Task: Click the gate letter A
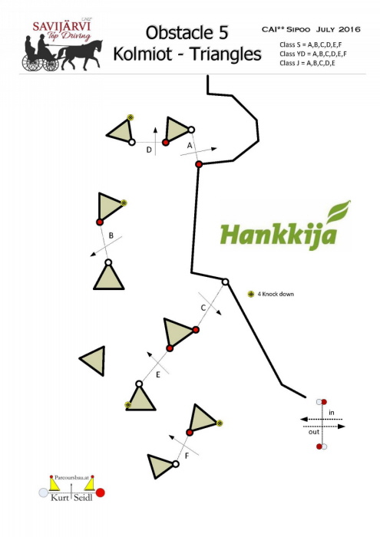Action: pyautogui.click(x=190, y=146)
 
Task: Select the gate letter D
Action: pyautogui.click(x=149, y=150)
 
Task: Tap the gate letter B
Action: pyautogui.click(x=111, y=236)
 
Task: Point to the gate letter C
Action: pyautogui.click(x=203, y=308)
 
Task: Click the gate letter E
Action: pyautogui.click(x=158, y=374)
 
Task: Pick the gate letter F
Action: pyautogui.click(x=187, y=456)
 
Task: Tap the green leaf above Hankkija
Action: pyautogui.click(x=339, y=211)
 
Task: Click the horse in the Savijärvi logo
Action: pyautogui.click(x=80, y=54)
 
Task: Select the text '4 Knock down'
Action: pyautogui.click(x=276, y=294)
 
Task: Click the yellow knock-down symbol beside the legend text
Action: pyautogui.click(x=251, y=294)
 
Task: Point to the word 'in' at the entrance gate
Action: pyautogui.click(x=331, y=413)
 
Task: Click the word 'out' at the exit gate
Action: pyautogui.click(x=313, y=432)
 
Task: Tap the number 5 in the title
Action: pyautogui.click(x=222, y=33)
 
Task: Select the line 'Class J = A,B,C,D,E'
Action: pyautogui.click(x=307, y=63)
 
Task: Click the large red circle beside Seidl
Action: pyautogui.click(x=100, y=493)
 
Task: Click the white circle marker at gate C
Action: pyautogui.click(x=225, y=282)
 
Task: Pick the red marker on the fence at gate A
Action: pyautogui.click(x=199, y=164)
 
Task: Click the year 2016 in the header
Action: pyautogui.click(x=349, y=29)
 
